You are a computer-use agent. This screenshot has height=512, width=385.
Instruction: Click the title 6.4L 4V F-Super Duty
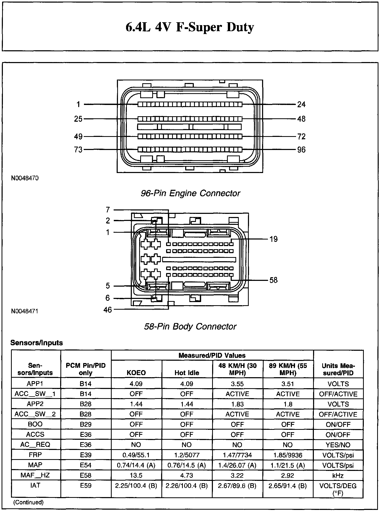point(190,27)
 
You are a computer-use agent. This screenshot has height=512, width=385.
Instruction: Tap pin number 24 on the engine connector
point(301,104)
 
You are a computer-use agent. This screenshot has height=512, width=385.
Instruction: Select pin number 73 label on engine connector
point(78,150)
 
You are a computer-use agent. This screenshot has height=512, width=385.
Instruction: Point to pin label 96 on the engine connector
point(301,150)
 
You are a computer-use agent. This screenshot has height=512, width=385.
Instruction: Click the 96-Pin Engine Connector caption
point(190,193)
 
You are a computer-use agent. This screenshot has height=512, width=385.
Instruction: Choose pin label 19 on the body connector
point(273,239)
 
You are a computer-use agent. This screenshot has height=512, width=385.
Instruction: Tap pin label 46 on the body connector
point(107,310)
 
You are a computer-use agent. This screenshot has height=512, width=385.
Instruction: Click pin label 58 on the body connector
point(273,280)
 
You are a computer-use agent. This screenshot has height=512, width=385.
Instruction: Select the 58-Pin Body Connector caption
point(190,326)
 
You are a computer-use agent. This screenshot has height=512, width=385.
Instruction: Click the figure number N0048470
point(25,178)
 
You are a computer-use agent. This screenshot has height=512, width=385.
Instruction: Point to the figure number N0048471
point(25,311)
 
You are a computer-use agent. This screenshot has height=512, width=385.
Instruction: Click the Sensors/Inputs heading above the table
point(37,343)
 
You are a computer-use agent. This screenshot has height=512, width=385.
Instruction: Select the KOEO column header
point(136,373)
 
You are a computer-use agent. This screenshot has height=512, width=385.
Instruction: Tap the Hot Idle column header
point(187,373)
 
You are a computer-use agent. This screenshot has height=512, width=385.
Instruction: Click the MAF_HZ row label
point(35,475)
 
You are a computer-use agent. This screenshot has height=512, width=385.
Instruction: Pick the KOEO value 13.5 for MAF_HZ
point(136,475)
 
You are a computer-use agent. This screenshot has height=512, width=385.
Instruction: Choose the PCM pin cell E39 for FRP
point(86,455)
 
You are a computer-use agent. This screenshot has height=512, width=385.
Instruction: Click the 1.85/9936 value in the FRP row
point(288,455)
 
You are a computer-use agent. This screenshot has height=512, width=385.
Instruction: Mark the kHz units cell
point(338,475)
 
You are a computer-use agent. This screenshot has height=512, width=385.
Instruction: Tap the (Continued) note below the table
point(28,502)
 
